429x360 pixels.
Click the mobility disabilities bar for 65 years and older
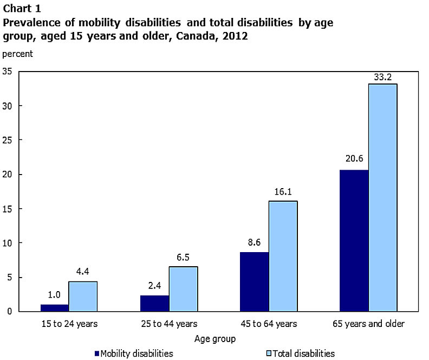pos(354,241)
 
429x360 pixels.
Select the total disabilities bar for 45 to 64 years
pos(283,256)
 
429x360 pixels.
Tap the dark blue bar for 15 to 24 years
pos(54,307)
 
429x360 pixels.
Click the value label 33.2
pos(382,77)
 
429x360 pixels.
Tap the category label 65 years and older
pos(369,324)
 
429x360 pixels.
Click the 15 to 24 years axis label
pos(69,324)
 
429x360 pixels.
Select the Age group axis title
pos(215,339)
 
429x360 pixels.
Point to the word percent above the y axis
pos(18,54)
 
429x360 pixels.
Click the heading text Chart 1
pos(22,8)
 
